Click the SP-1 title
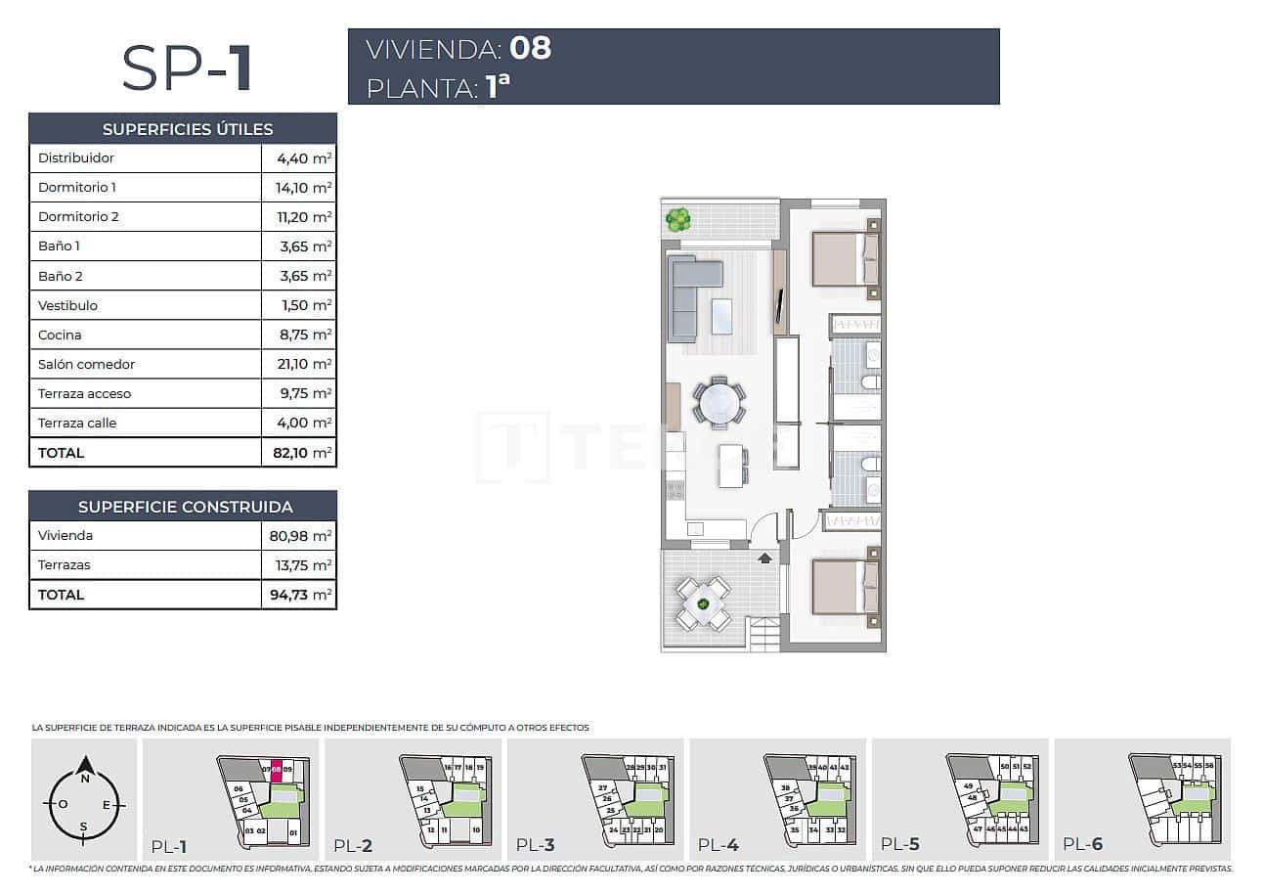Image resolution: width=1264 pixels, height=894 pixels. click(x=187, y=67)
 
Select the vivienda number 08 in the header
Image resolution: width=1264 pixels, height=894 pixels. click(x=530, y=48)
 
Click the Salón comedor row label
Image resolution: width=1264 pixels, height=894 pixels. click(x=86, y=364)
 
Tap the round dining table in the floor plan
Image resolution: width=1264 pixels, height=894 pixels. click(x=719, y=402)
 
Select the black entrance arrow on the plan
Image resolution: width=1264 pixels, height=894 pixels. click(x=764, y=559)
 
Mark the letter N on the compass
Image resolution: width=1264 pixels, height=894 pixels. click(x=85, y=780)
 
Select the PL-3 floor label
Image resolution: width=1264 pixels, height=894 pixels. click(x=535, y=845)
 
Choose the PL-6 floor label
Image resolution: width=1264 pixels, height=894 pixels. click(x=1082, y=844)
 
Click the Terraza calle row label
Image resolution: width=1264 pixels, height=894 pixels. click(x=77, y=423)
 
